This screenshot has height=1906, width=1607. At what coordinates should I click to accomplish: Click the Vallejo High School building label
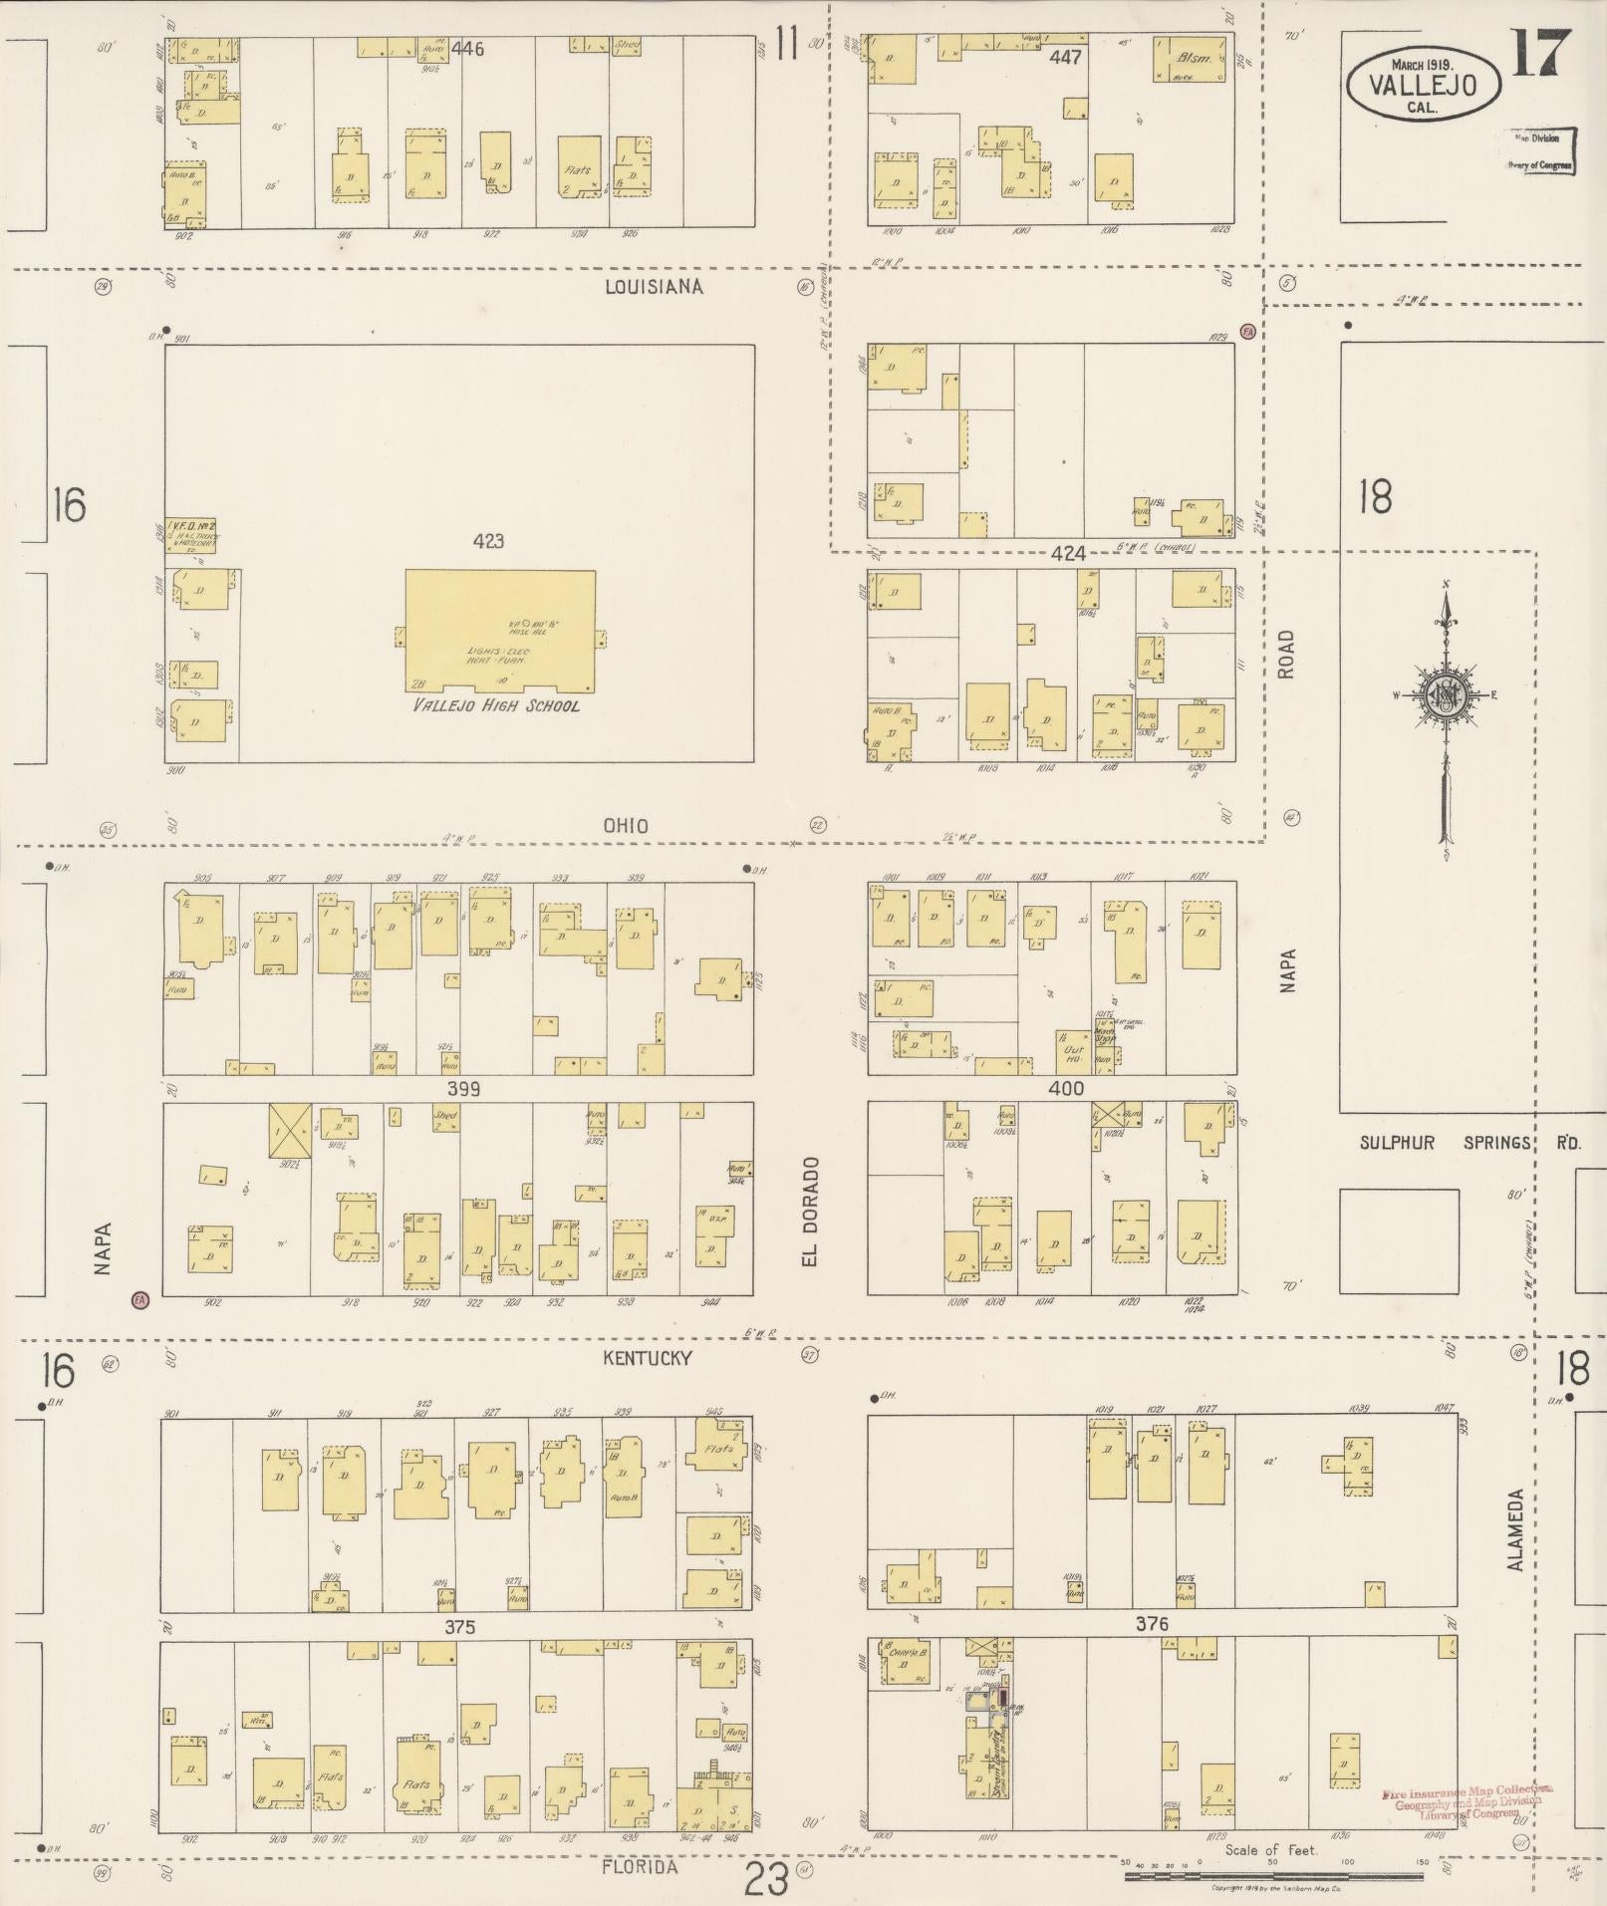coord(496,705)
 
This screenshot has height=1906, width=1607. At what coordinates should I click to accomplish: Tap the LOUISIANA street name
coord(654,287)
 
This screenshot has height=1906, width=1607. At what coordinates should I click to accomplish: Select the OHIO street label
coord(626,825)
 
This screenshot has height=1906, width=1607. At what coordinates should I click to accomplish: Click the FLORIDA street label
coord(640,1866)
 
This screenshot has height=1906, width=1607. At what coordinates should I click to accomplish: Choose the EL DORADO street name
coord(810,1211)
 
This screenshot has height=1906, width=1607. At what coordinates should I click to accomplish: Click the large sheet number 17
coord(1541,54)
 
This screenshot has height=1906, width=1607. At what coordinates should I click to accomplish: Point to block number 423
coord(488,541)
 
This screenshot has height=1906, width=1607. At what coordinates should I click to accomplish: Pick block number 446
coord(466,48)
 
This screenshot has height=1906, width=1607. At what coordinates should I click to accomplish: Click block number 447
coord(1065,57)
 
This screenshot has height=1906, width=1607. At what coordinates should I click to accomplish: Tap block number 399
coord(463,1088)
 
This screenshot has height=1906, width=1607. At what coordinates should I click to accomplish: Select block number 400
coord(1065,1088)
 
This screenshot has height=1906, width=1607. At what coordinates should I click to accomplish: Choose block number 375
coord(459,1626)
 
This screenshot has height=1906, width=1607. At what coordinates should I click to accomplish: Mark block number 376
coord(1151,1624)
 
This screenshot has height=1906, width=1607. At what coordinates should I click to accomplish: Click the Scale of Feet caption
coord(1270,1850)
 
